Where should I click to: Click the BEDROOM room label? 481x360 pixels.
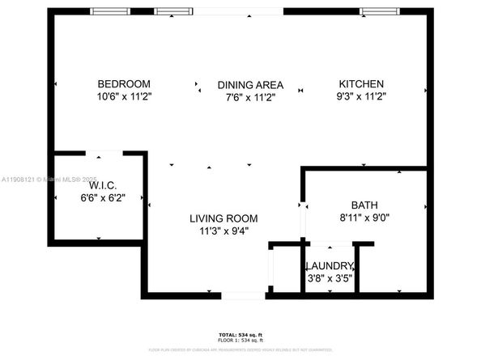coord(124,84)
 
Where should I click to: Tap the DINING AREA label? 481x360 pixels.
coord(250,84)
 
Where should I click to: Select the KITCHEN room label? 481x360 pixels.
coord(361,84)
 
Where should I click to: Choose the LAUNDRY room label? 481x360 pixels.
coord(329,266)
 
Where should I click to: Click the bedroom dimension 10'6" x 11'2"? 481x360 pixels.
coord(124,96)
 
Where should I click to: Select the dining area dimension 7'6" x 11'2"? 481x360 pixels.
coord(250,96)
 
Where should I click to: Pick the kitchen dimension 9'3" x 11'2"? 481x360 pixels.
coord(361,96)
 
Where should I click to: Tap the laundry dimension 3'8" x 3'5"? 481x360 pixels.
coord(329,278)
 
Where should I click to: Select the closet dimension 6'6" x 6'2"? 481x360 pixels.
coord(101,197)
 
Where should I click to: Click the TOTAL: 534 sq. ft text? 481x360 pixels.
coord(240,333)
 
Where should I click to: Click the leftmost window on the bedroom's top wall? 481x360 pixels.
coord(109,11)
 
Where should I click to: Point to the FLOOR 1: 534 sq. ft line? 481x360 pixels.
coord(240,339)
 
